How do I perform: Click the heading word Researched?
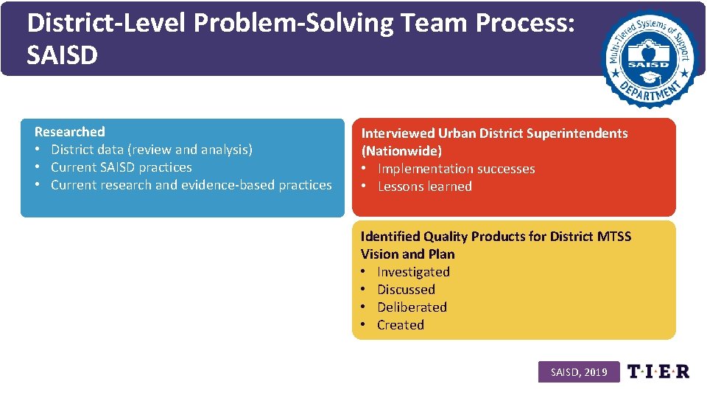pos(70,132)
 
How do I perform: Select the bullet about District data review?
pos(151,150)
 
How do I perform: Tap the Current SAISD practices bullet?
pos(121,167)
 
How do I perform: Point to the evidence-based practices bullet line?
pos(191,185)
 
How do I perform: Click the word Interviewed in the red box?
pos(398,133)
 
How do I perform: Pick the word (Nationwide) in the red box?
pos(401,151)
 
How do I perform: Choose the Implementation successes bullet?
pos(456,169)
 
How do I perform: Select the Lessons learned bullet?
pos(424,186)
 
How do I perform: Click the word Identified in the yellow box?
pos(390,237)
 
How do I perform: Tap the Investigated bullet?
pos(413,272)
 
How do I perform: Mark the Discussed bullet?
pos(406,290)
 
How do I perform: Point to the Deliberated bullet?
pos(412,307)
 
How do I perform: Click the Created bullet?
pos(401,325)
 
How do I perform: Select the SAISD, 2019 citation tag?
pos(579,372)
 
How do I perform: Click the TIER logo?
pos(658,371)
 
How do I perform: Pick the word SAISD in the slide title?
pos(62,55)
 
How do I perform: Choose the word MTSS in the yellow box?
pos(614,237)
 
